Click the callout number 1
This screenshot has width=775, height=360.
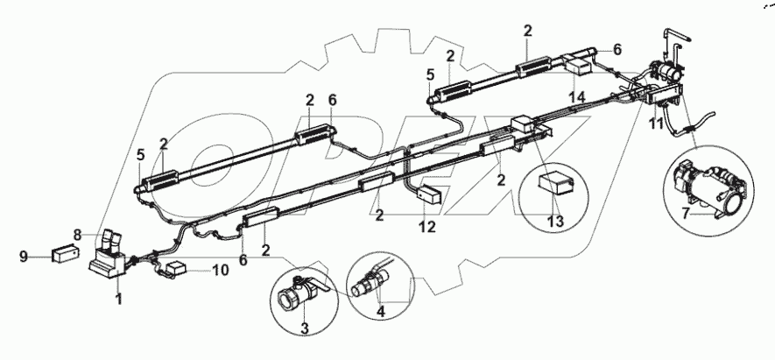click(119, 300)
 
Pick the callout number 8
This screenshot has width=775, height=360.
click(78, 234)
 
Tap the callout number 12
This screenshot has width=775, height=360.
click(426, 228)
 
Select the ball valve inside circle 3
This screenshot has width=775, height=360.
click(300, 293)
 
